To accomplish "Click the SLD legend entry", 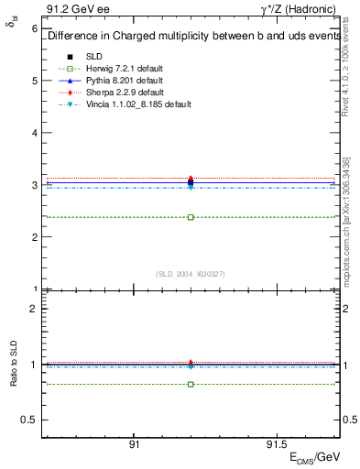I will (x=94, y=57).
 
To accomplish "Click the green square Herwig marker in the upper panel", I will (x=191, y=217).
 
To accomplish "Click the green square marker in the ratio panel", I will (x=191, y=384).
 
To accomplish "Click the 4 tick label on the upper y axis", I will (x=34, y=133).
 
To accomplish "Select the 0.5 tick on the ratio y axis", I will (x=29, y=420).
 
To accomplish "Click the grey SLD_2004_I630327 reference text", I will (x=191, y=274).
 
